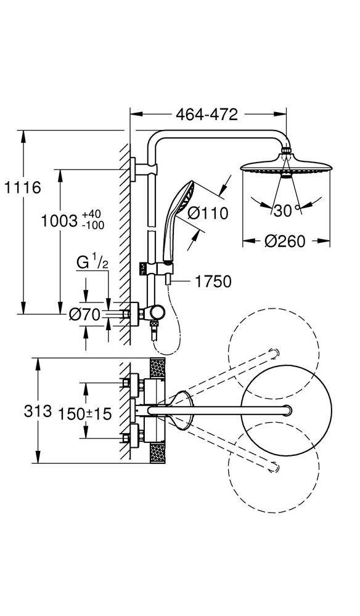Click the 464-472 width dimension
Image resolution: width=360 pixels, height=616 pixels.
[x=207, y=115]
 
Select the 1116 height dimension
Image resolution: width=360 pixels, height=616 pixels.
[x=22, y=187]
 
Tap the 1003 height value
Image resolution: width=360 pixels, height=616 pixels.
[x=59, y=221]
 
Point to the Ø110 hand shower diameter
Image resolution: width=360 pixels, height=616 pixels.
[x=208, y=213]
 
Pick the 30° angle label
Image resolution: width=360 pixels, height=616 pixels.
[x=287, y=211]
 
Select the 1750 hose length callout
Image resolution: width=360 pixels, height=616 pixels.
[x=213, y=282]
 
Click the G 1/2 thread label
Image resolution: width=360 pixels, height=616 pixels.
[x=92, y=262]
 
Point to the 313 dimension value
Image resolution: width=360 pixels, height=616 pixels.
[x=38, y=411]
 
